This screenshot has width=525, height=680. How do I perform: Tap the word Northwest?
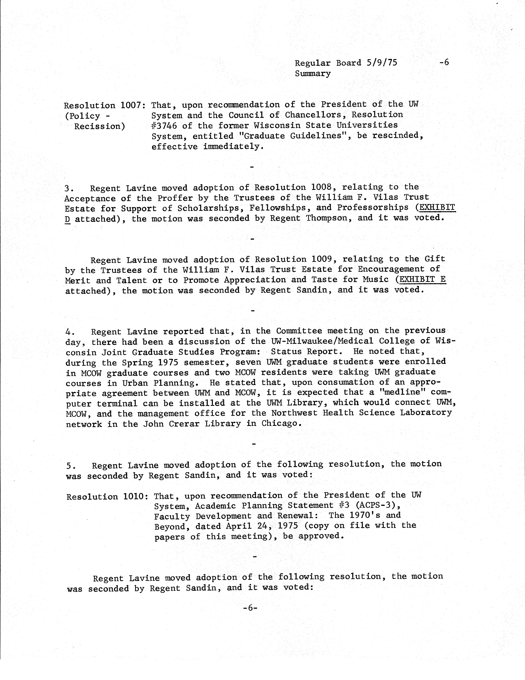point(294,413)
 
